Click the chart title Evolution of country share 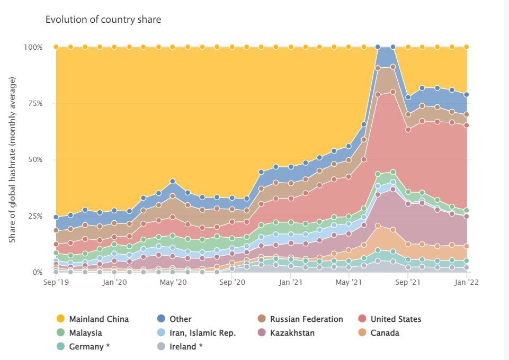(103, 20)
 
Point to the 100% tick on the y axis (33, 47)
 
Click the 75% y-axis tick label (35, 103)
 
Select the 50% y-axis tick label (35, 159)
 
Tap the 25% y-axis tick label (35, 216)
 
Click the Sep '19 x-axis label (56, 283)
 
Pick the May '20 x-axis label (173, 283)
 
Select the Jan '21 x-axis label (291, 283)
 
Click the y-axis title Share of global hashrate (12, 160)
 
